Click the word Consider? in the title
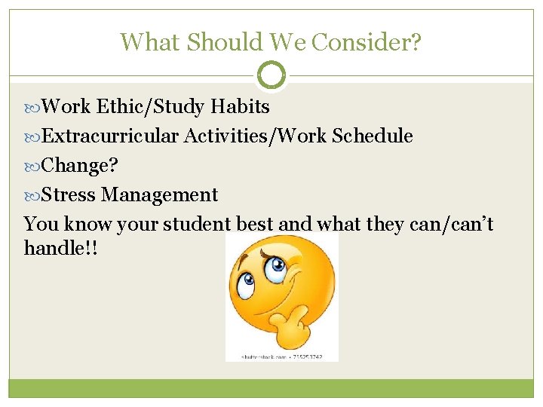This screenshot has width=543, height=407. [367, 41]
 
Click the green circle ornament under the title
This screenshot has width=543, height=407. [271, 75]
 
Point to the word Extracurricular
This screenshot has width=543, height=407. [110, 136]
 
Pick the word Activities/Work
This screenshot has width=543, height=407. [256, 136]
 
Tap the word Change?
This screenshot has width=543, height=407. [80, 166]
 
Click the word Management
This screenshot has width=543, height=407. [160, 195]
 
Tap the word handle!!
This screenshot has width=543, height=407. [61, 248]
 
